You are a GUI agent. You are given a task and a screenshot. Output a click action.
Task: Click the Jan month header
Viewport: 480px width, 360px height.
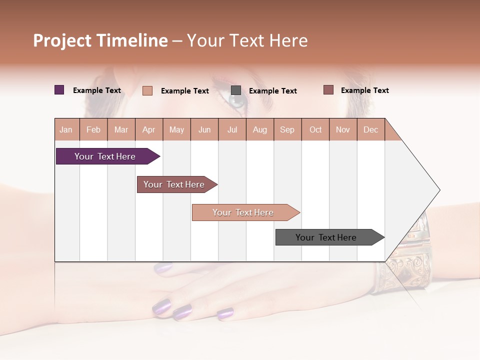coord(66,129)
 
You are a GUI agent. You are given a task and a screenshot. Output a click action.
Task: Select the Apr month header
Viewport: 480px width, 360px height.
coord(148,129)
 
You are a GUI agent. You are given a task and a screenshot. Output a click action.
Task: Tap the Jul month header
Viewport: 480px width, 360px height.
coord(232,129)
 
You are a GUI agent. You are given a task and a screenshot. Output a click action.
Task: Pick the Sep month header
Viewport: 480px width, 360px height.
coord(287,129)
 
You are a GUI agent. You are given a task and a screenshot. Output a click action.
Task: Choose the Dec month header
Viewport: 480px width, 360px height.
coord(370,129)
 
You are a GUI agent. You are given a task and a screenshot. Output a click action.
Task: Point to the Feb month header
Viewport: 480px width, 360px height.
coord(93,129)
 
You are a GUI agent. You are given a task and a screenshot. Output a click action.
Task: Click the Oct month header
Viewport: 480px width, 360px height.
coord(315,129)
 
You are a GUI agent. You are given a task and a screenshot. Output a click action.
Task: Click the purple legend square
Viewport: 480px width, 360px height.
coord(59,90)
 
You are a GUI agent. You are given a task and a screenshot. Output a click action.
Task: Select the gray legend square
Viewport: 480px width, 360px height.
coord(236,90)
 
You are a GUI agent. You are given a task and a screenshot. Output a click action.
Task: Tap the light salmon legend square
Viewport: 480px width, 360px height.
coord(147,90)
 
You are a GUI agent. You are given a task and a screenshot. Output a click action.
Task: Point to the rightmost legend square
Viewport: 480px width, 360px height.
coord(328,90)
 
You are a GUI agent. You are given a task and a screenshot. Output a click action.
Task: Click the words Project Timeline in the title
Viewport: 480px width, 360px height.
coord(100,40)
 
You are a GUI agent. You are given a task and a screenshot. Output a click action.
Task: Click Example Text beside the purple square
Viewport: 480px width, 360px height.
coord(97,90)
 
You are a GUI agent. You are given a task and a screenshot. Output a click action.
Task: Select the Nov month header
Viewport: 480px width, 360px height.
coord(343,129)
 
